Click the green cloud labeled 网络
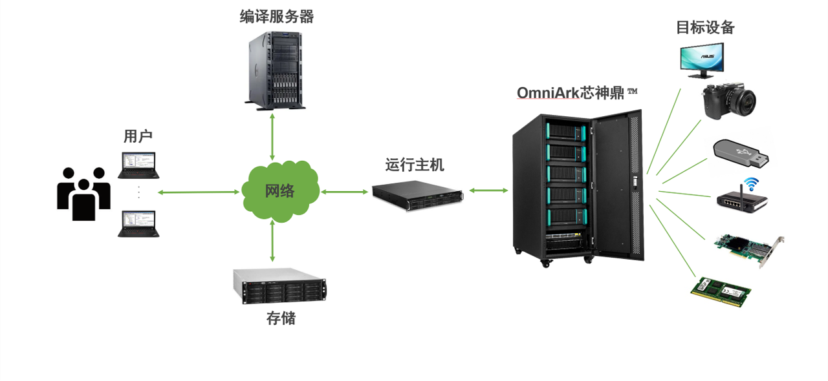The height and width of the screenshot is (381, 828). pos(280,191)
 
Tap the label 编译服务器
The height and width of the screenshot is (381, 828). pos(277,17)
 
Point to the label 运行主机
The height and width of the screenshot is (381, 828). pos(415,165)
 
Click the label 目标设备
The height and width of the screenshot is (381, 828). pos(705,28)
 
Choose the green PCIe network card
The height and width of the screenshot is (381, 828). pos(748,248)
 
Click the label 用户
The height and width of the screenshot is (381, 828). pos(138,136)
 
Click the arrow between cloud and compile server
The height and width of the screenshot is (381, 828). pos(272,136)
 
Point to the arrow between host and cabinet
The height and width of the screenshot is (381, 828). pos(488,190)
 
